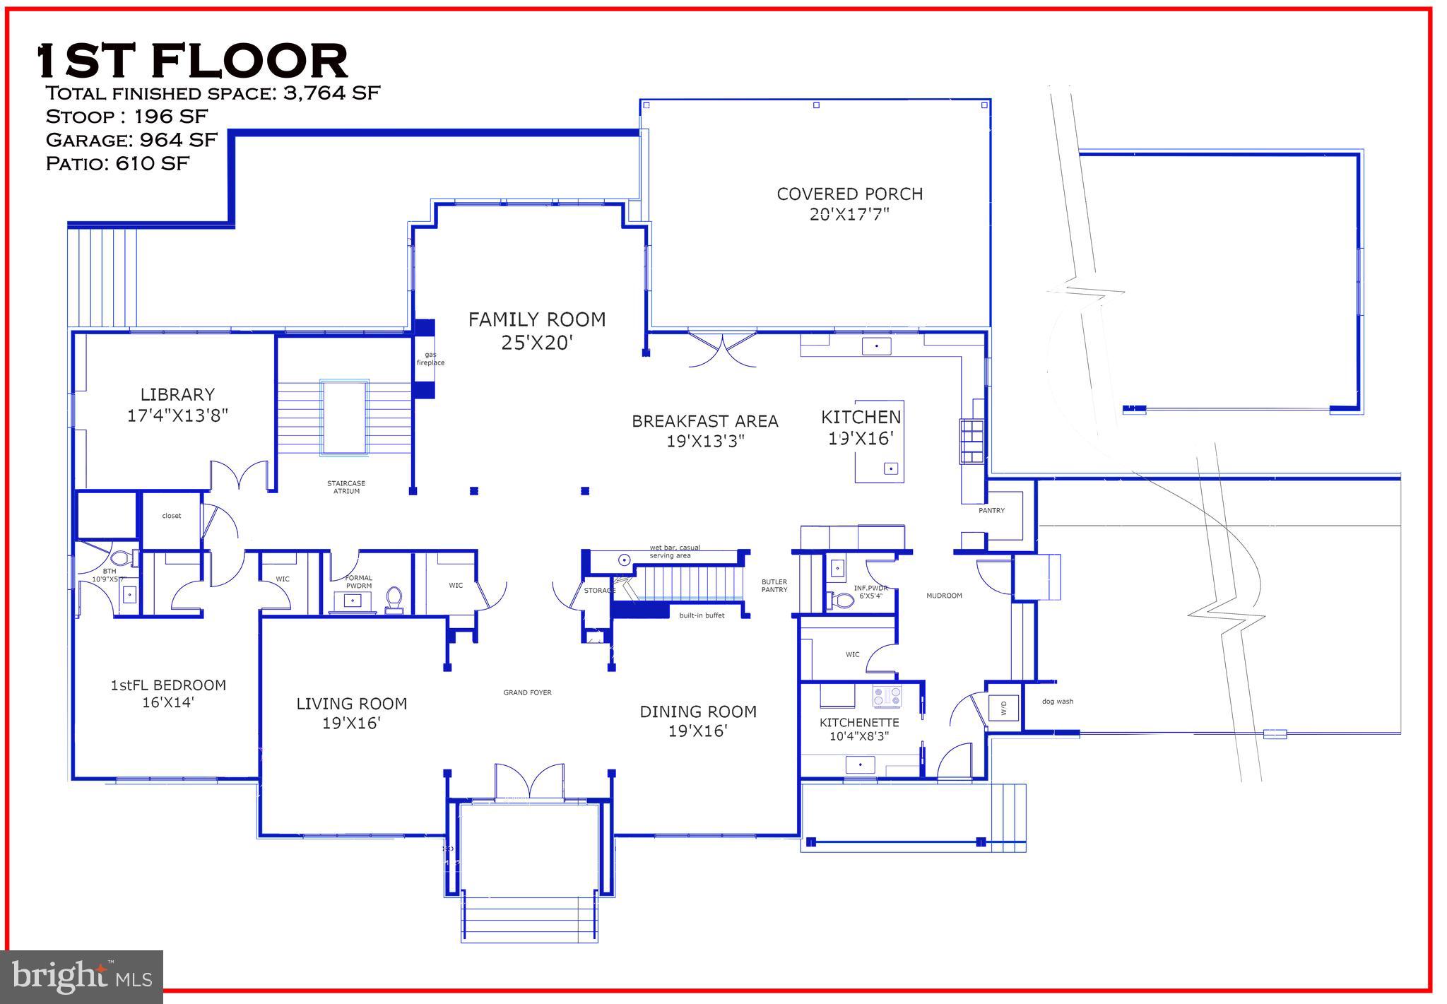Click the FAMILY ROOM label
537,320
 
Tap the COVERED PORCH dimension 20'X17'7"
849,214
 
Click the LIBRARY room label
177,395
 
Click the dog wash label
1057,702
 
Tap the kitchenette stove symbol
887,697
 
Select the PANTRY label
991,510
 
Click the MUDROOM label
944,596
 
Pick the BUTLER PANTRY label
774,586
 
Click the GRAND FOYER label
527,692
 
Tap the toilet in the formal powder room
394,599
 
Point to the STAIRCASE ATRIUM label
346,488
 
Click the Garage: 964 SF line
131,139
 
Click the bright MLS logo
82,976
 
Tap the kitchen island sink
891,468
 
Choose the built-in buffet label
702,615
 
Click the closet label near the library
172,516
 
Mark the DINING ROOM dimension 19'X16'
698,731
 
